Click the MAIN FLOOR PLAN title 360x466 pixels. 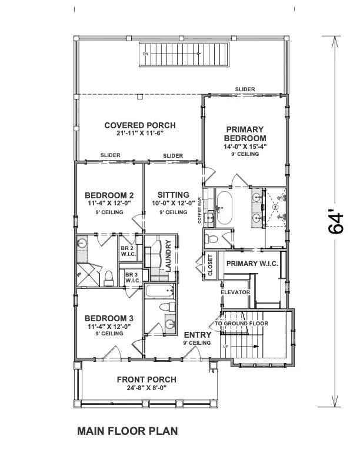128,431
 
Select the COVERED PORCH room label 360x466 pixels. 139,125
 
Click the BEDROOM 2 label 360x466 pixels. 109,195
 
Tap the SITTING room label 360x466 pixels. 174,195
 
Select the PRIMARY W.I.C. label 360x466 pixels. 252,263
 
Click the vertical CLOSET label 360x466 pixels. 209,265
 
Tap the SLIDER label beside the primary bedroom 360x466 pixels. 245,89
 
